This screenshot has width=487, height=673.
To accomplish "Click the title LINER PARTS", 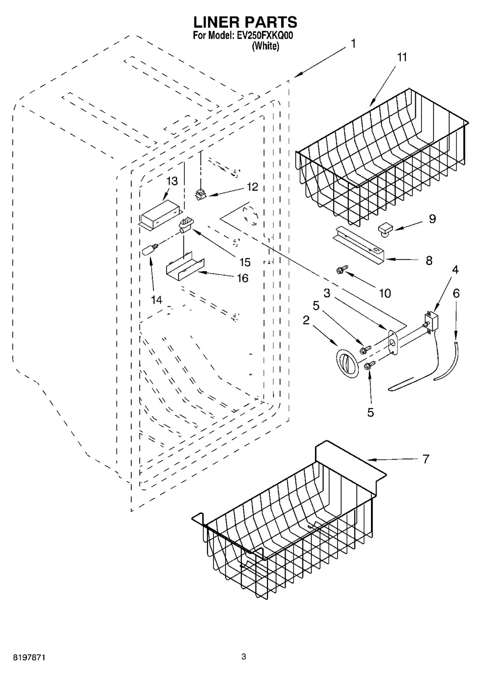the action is (x=245, y=22).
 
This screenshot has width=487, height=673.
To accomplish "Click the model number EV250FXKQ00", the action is (x=264, y=36).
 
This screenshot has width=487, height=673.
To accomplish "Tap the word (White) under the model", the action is (x=266, y=46).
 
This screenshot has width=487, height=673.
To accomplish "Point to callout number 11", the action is (x=402, y=57).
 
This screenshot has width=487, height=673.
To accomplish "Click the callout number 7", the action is (x=426, y=459).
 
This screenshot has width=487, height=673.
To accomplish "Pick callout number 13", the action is (x=172, y=181).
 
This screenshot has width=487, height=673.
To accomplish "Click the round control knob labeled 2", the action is (x=347, y=364).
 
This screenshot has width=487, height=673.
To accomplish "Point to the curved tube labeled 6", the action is (x=446, y=361).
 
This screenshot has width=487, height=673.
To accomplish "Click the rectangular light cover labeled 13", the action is (x=160, y=214).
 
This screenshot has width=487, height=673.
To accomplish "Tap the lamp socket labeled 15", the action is (x=186, y=226).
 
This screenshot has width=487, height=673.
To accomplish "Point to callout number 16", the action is (x=243, y=278).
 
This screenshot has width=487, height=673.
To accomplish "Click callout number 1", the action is (x=353, y=44).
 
